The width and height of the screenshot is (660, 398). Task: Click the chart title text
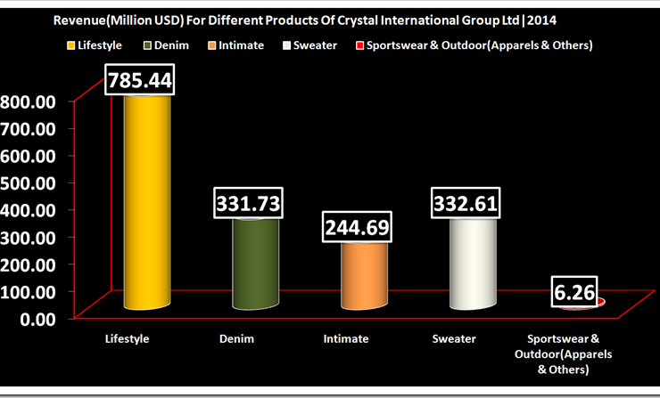[x=329, y=19]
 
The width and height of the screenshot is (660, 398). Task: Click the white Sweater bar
[x=473, y=263]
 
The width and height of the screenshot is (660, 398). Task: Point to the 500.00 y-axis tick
[x=29, y=183]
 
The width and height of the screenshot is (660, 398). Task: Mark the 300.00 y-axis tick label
[x=29, y=237]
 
